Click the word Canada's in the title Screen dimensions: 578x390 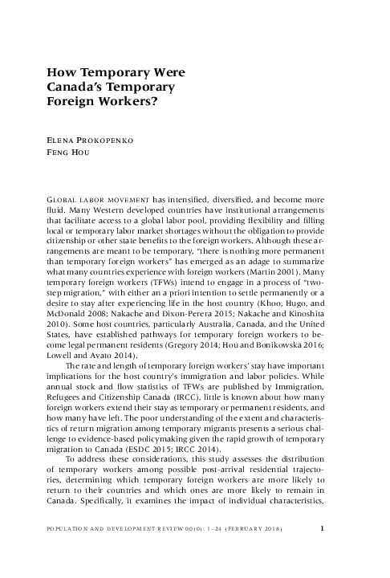click(x=78, y=86)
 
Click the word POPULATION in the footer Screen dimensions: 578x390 click(x=69, y=552)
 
